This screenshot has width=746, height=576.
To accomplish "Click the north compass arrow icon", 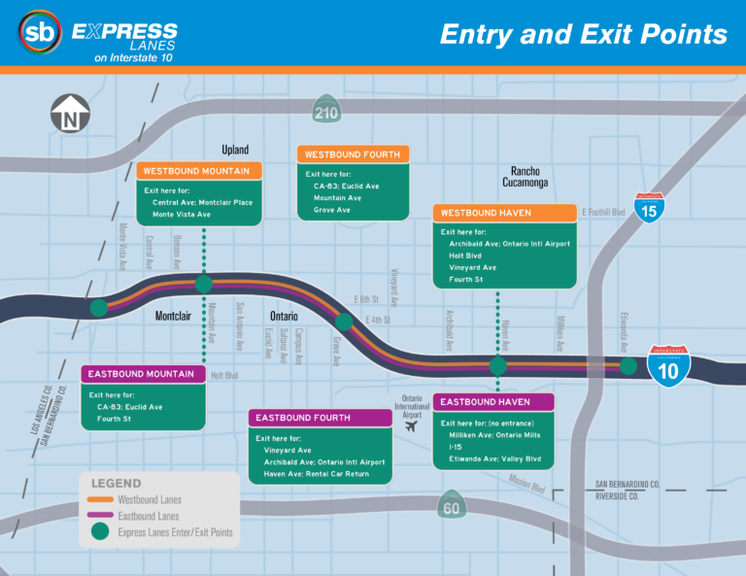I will click(x=70, y=115).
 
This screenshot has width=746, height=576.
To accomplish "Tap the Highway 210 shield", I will click(x=326, y=111).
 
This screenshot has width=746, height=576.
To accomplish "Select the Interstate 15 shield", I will click(x=650, y=207).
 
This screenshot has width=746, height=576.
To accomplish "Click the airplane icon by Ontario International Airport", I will click(x=413, y=424).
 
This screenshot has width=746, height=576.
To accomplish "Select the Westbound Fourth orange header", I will click(x=353, y=154).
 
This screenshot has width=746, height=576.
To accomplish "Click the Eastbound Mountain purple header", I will click(x=142, y=374).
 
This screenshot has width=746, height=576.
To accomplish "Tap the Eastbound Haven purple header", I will click(x=492, y=402).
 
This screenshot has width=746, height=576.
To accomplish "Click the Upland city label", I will click(x=235, y=150).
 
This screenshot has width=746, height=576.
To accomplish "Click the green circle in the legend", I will click(x=99, y=532).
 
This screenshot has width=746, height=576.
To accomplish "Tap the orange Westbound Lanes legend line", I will click(x=99, y=499).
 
